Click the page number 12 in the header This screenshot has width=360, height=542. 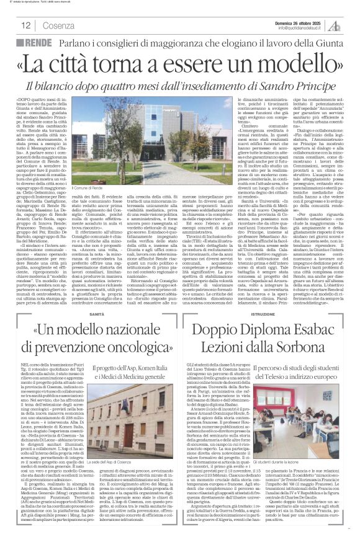26,25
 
